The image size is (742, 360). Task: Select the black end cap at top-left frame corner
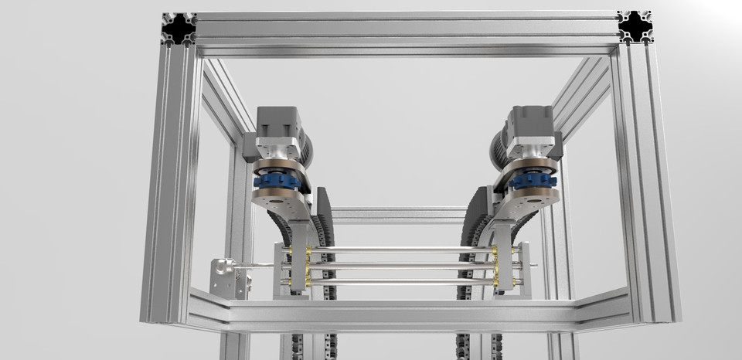pos(179,29)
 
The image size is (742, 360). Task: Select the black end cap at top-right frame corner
pos(635,28)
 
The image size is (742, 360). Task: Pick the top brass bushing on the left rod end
pos(308,251)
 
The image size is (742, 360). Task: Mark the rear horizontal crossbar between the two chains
pos(398,212)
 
